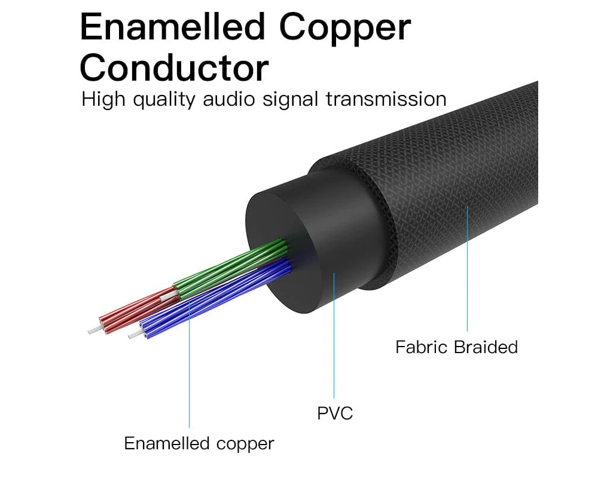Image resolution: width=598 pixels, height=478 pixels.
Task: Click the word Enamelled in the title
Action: (172, 27)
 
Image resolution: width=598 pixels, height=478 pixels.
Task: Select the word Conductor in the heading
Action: (174, 68)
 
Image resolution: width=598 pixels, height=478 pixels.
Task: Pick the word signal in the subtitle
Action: (286, 99)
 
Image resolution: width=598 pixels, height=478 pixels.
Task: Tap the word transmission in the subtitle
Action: (386, 99)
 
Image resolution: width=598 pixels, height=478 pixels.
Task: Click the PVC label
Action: (335, 413)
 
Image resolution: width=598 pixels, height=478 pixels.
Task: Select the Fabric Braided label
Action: (456, 347)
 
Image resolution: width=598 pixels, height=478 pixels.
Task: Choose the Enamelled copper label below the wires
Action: (199, 443)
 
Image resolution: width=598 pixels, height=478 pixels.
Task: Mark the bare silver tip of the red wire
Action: (93, 330)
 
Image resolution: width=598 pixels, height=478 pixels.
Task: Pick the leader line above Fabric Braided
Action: (467, 269)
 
